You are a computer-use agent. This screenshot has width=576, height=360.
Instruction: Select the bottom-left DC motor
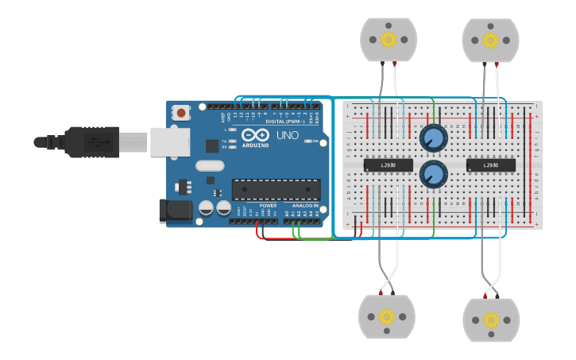pyautogui.click(x=387, y=317)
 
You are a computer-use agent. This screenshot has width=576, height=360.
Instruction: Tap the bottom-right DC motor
pyautogui.click(x=491, y=319)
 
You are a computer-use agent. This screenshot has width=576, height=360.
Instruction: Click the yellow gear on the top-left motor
pyautogui.click(x=388, y=39)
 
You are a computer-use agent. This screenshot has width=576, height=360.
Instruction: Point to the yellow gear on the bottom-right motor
pyautogui.click(x=491, y=319)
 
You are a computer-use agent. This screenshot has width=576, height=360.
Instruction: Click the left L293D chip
pyautogui.click(x=389, y=165)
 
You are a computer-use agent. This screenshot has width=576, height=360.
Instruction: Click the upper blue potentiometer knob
pyautogui.click(x=434, y=138)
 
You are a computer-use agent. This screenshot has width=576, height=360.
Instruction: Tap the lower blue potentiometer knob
pyautogui.click(x=434, y=173)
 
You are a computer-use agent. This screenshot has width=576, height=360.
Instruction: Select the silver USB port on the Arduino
pyautogui.click(x=169, y=141)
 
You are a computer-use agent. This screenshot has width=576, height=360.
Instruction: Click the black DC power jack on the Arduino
pyautogui.click(x=176, y=211)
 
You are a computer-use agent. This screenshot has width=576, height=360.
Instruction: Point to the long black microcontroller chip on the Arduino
pyautogui.click(x=276, y=190)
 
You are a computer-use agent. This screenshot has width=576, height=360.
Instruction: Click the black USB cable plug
pyautogui.click(x=91, y=141)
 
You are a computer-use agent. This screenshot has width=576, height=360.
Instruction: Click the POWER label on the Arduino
pyautogui.click(x=268, y=206)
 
